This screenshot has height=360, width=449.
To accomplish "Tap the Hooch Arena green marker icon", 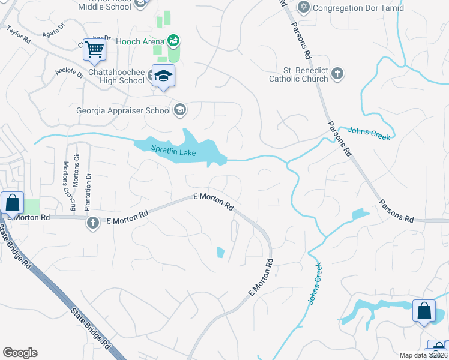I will [x=173, y=40].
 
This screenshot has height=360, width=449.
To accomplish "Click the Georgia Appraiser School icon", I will [x=179, y=110].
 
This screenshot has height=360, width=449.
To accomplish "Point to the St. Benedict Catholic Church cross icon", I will [x=337, y=74].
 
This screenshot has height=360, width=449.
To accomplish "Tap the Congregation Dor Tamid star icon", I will [x=303, y=8].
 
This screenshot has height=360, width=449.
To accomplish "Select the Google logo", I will [x=20, y=353].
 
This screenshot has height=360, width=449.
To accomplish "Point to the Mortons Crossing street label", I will [x=67, y=185].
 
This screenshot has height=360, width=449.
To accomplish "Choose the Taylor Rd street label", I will [x=19, y=36].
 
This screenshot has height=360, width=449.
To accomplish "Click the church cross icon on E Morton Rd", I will [x=92, y=223].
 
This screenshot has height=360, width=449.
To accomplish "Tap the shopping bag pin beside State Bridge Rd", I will [x=12, y=204].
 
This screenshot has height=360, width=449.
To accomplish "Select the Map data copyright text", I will [x=424, y=355].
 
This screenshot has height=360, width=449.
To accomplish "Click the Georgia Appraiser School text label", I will [x=123, y=110].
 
